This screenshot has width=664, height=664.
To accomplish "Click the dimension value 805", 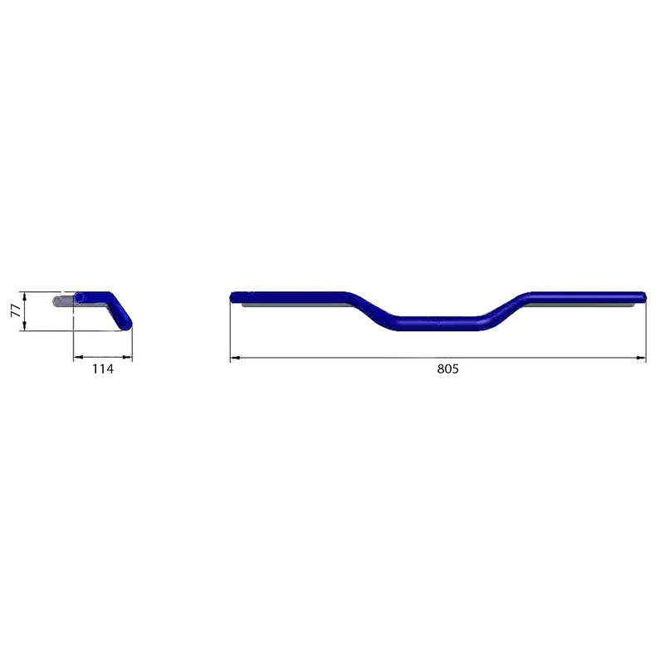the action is click(x=447, y=369).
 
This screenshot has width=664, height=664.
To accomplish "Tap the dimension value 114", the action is click(x=103, y=369).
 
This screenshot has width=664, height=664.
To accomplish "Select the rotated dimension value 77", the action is click(x=16, y=310).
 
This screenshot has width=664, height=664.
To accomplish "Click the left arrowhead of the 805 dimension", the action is click(x=235, y=358).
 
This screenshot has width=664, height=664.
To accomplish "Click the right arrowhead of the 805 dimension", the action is click(x=641, y=358).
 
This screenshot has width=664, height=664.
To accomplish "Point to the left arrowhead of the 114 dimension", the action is click(x=78, y=358).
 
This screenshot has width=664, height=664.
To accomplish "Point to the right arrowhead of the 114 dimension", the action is click(x=128, y=358).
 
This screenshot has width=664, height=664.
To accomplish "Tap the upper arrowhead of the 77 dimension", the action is click(x=25, y=297).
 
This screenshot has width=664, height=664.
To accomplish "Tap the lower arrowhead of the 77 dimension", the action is click(x=25, y=325).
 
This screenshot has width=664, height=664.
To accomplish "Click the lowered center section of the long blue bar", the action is click(x=438, y=324).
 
